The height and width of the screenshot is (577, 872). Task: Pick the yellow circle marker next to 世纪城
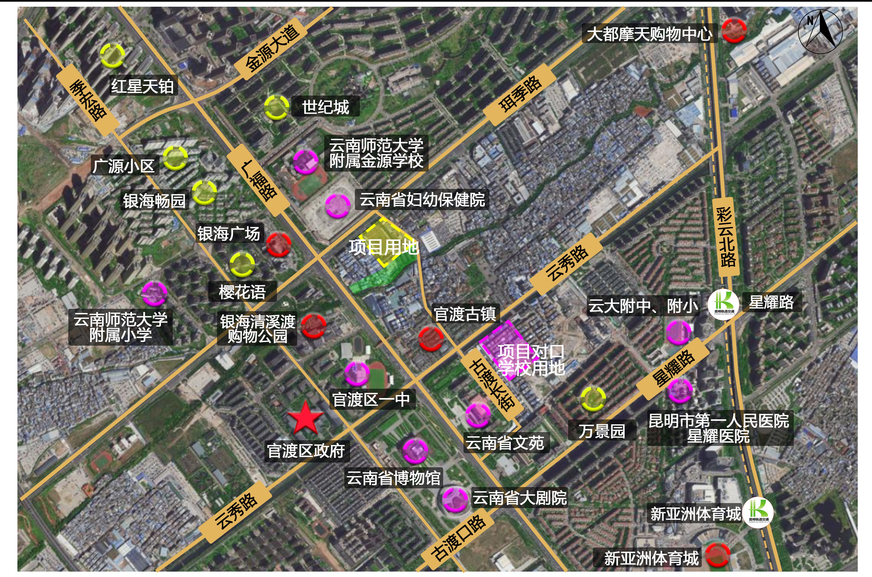click(276, 107)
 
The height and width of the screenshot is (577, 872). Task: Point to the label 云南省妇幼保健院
click(422, 200)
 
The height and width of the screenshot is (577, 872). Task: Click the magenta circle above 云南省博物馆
click(415, 451)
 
